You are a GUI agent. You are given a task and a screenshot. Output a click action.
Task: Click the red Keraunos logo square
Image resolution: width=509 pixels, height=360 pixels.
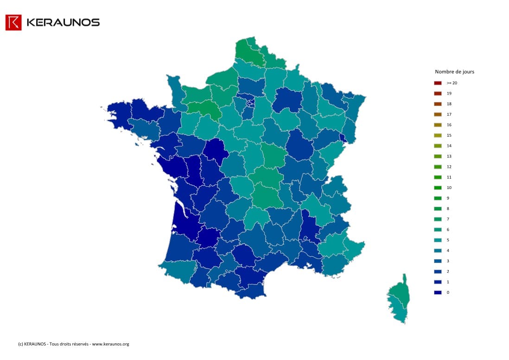(x=13, y=22)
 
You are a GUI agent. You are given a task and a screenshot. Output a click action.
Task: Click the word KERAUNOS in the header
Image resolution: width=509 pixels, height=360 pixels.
(x=63, y=22)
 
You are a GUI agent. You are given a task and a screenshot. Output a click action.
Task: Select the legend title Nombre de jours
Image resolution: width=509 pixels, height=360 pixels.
(x=454, y=72)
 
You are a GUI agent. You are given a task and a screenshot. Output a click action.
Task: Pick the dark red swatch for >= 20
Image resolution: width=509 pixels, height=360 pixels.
(x=438, y=83)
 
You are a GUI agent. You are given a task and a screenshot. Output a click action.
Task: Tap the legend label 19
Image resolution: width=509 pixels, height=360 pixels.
(x=449, y=94)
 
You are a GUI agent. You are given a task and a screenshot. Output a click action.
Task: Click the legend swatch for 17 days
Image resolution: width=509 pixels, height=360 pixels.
(x=438, y=114)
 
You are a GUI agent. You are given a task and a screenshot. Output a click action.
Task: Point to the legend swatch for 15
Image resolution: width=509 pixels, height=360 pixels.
(x=438, y=135)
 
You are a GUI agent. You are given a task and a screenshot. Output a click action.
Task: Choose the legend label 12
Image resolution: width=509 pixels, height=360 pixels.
(x=449, y=167)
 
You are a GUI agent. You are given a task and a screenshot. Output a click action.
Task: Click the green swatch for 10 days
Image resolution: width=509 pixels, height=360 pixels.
(x=438, y=188)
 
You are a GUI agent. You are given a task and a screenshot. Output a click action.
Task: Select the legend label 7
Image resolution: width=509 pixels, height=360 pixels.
(x=448, y=219)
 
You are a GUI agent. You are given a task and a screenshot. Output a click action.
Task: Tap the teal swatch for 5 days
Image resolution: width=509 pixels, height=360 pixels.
(x=438, y=240)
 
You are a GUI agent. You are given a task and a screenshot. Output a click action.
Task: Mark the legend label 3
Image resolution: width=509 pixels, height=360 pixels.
(x=448, y=261)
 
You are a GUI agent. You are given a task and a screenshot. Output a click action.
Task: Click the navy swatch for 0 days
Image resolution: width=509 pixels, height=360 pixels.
(x=438, y=292)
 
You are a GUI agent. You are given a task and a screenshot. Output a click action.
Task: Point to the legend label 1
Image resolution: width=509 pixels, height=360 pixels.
(x=448, y=282)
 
